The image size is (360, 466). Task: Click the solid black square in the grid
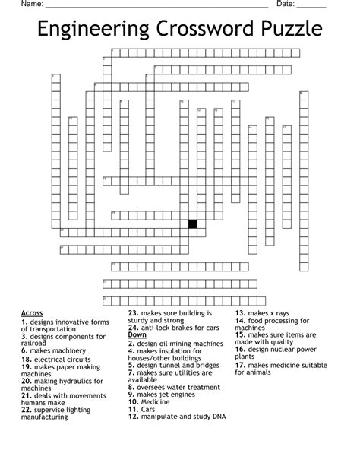coord(193,223)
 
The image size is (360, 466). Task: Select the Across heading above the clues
coord(32,313)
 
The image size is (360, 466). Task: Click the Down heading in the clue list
coord(137,335)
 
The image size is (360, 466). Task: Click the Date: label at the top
coord(286,5)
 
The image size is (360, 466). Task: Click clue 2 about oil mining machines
coord(175,343)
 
